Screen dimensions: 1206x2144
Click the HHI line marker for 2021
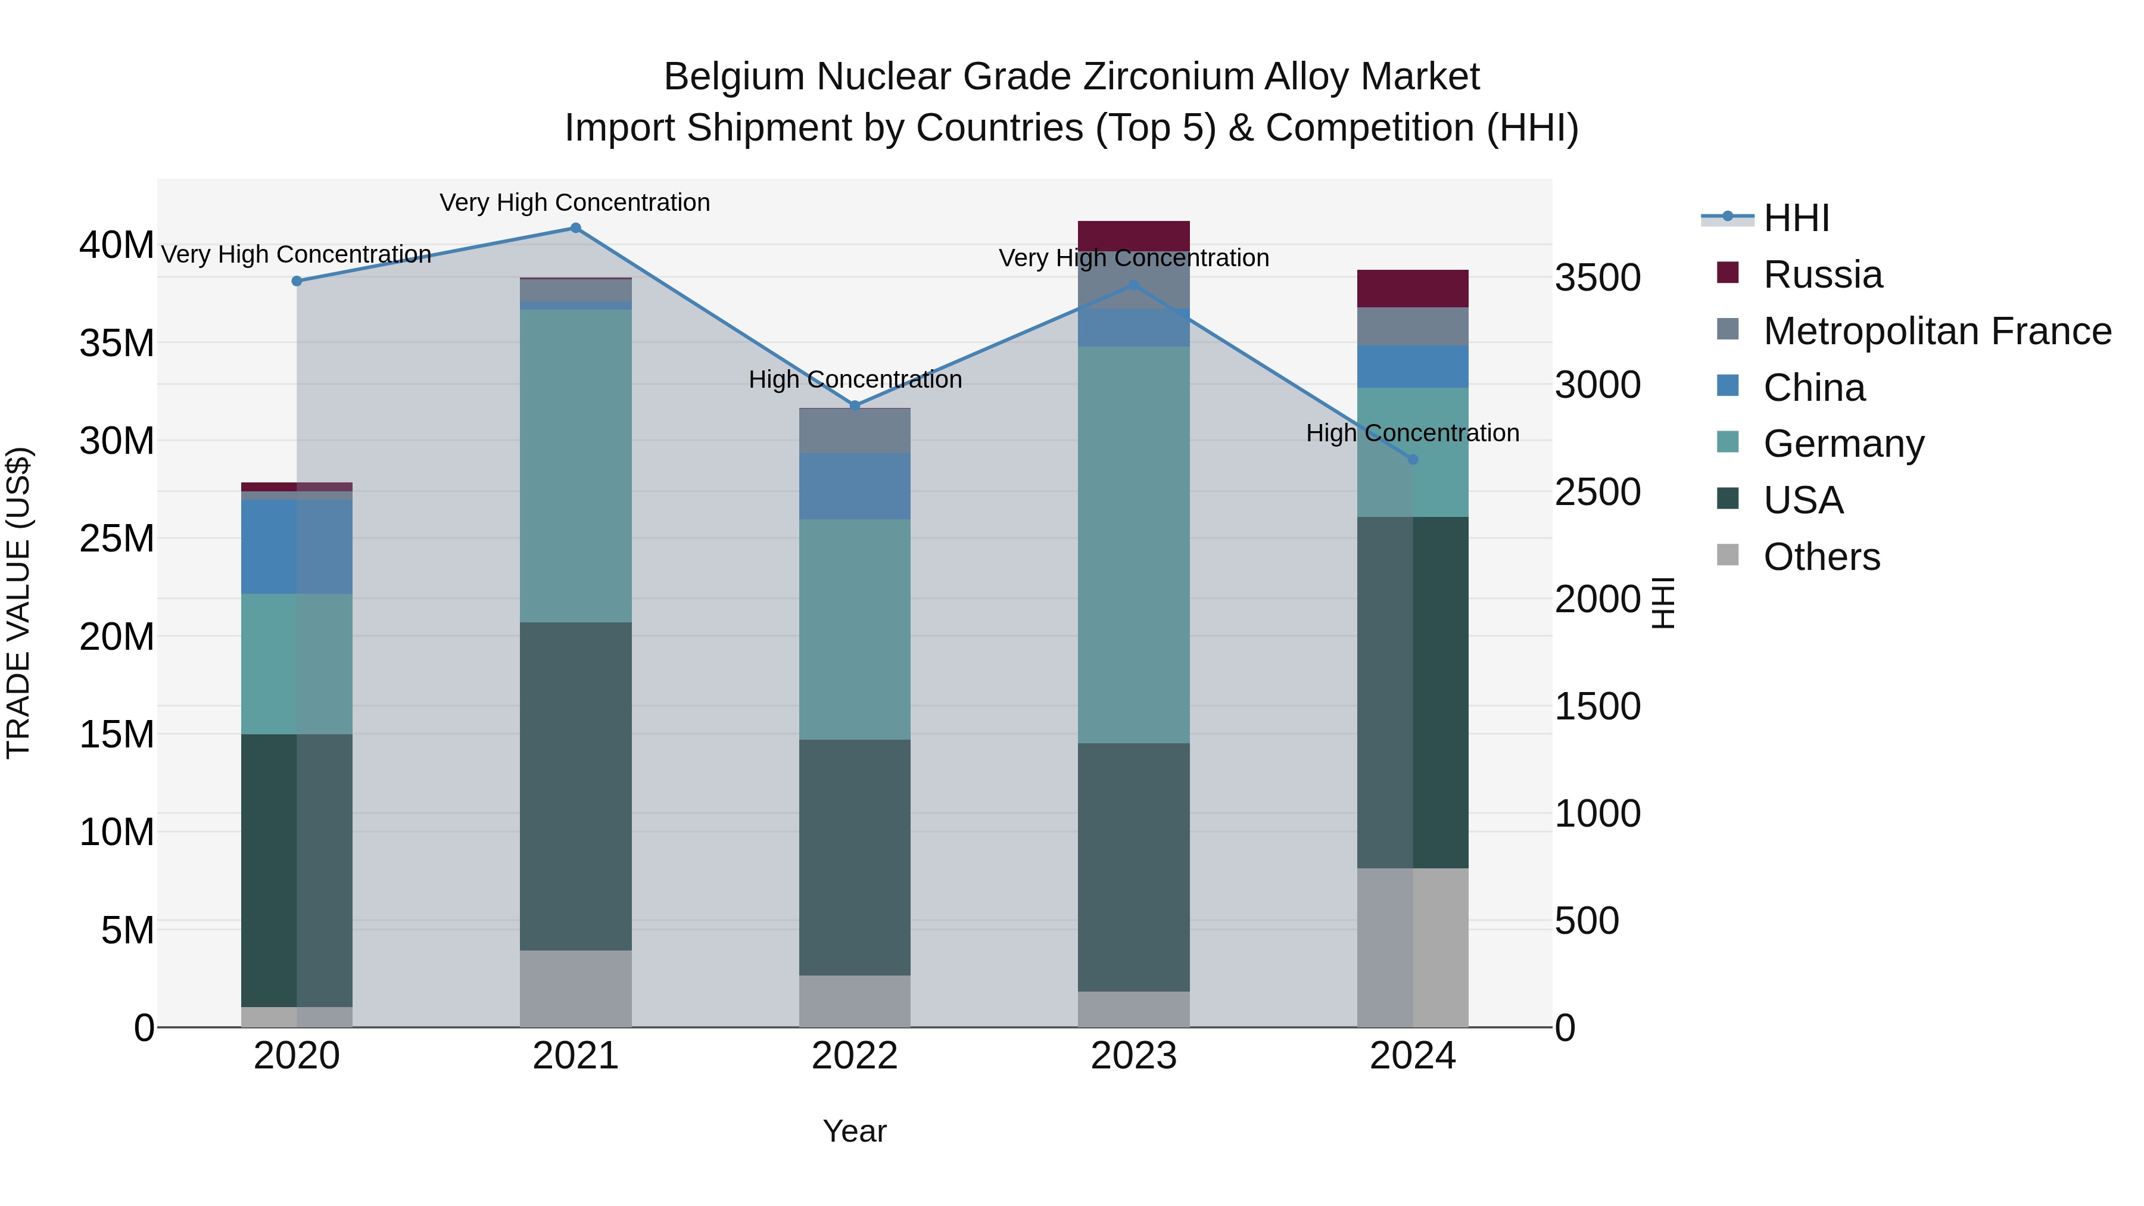[575, 228]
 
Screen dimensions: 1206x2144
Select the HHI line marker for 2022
[855, 406]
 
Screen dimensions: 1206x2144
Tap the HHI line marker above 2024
[1413, 459]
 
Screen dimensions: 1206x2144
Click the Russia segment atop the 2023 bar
[1133, 235]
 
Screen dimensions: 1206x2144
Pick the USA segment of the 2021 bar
[575, 787]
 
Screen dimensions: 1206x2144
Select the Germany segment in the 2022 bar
[855, 630]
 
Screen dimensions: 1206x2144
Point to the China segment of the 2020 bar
[297, 546]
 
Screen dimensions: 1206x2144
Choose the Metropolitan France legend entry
[1937, 331]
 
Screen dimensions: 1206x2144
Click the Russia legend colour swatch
[1728, 273]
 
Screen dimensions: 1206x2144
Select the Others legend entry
[1821, 557]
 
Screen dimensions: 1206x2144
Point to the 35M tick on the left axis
[117, 343]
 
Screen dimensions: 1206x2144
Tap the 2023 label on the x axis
[1133, 1056]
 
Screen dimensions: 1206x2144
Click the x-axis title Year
[855, 1131]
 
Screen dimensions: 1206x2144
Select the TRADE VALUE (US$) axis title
[18, 603]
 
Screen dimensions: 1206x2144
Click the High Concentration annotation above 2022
[855, 379]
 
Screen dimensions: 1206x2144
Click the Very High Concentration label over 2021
[575, 202]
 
